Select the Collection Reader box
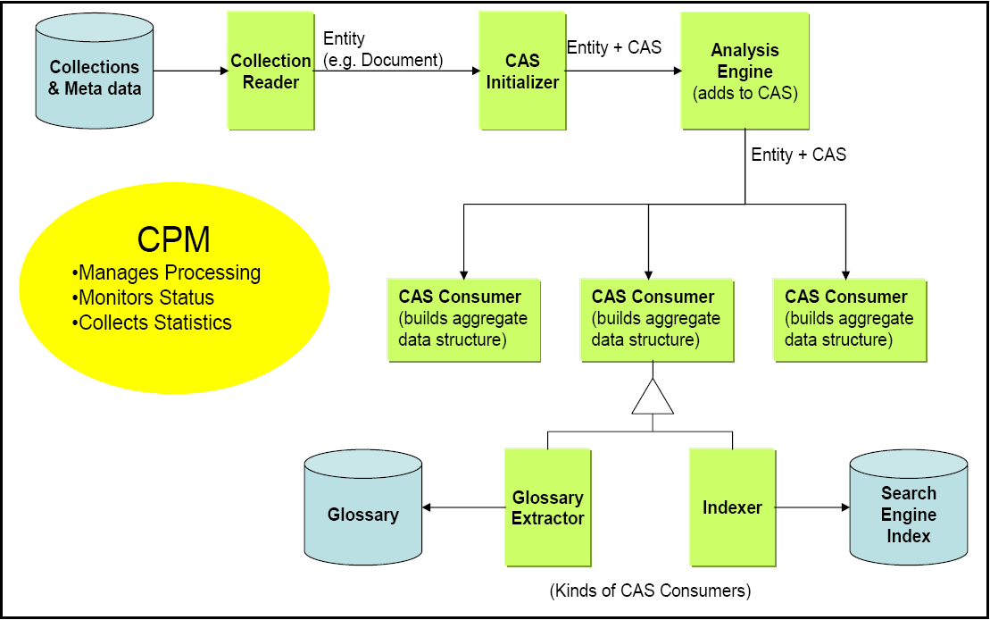pos(270,71)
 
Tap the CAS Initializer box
pos(522,71)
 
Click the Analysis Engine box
pos(745,71)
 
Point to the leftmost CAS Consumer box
pos(463,319)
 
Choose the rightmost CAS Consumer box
pos(849,319)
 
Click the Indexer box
pos(732,507)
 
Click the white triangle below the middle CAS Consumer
pos(653,398)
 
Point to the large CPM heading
pos(174,239)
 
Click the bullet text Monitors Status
pos(143,297)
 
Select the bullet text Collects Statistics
pos(152,323)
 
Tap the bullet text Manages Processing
pos(166,272)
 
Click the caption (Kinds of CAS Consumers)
pos(650,591)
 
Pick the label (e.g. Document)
pos(383,60)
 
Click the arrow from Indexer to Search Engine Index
pos(811,507)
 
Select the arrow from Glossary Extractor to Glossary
pos(463,507)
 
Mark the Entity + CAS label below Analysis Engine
pos(798,155)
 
